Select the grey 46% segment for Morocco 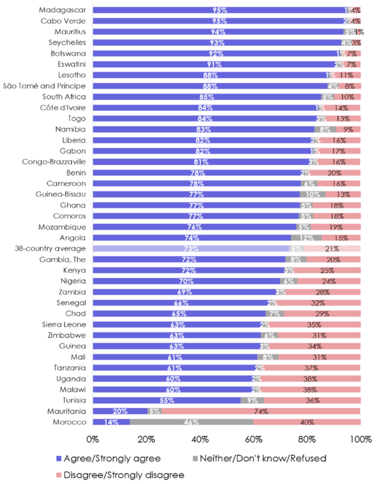pyautogui.click(x=192, y=422)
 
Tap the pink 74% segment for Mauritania pyautogui.click(x=261, y=411)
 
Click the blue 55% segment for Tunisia pyautogui.click(x=167, y=400)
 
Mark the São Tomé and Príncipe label pyautogui.click(x=44, y=86)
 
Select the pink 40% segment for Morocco pyautogui.click(x=307, y=422)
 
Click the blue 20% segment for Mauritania pyautogui.click(x=120, y=411)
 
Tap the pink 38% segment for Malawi pyautogui.click(x=311, y=389)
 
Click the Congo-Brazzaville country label pyautogui.click(x=54, y=162)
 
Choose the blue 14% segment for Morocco pyautogui.click(x=111, y=422)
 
